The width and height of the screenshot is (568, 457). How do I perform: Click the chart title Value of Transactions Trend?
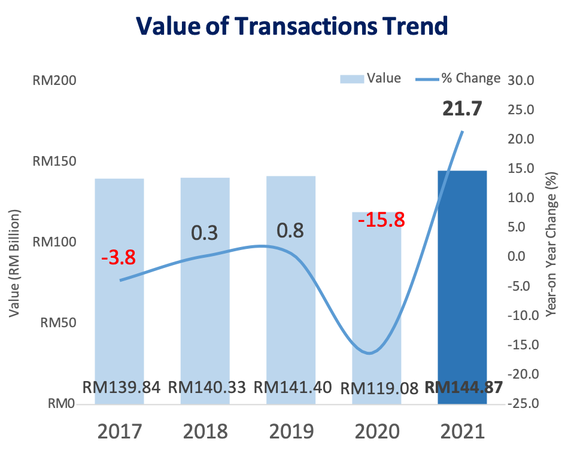291,26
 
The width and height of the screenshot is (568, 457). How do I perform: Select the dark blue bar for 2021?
462,287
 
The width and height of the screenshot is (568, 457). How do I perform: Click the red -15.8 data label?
381,220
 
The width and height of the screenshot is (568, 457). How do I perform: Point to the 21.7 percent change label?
462,109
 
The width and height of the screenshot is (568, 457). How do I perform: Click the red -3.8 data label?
118,258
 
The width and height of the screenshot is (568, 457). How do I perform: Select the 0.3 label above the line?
205,233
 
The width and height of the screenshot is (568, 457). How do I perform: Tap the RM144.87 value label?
463,388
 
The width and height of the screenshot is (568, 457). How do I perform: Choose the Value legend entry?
371,78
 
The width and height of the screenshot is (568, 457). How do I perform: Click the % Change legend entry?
458,78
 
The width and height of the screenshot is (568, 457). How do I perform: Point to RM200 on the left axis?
54,81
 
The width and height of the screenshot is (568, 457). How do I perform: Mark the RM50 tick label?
57,323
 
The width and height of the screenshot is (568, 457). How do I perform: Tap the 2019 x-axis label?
291,431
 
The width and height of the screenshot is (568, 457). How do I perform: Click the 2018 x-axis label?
205,431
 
